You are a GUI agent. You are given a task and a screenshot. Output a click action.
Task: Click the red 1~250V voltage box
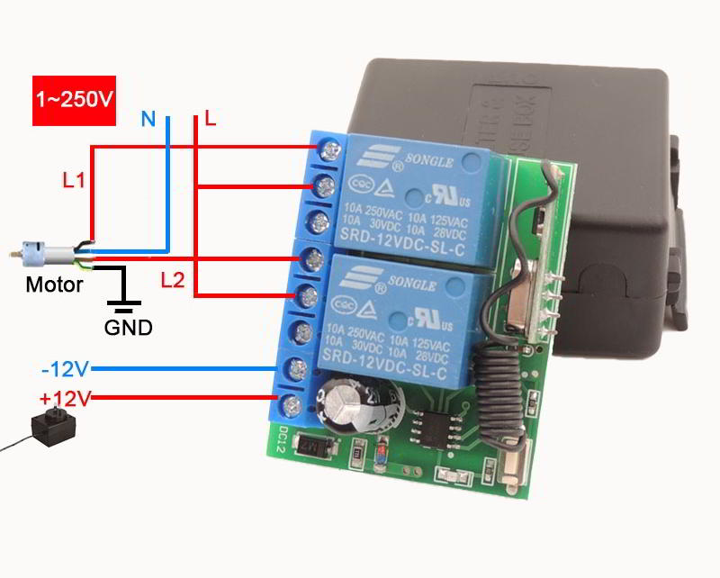click(75, 100)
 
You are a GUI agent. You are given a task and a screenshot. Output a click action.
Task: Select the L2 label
click(173, 280)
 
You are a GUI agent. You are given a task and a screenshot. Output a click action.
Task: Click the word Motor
click(54, 285)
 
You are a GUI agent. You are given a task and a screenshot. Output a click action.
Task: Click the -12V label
click(63, 369)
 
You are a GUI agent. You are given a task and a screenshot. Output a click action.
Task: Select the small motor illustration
click(40, 252)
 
